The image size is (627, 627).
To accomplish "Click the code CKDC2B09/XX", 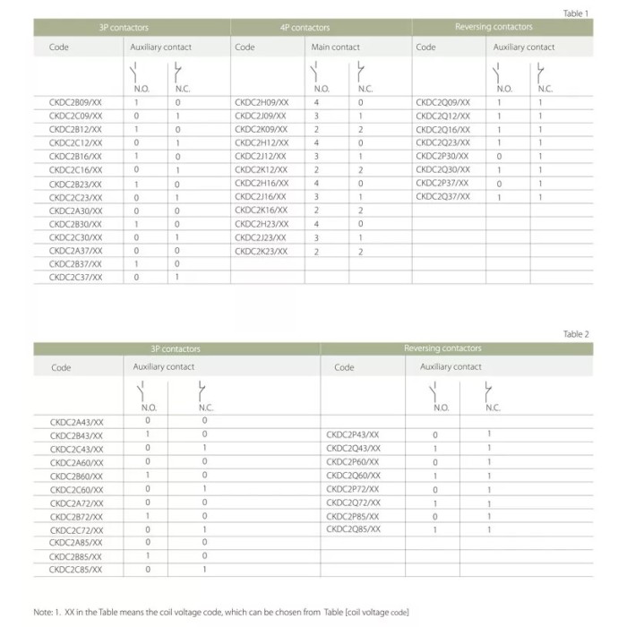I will [75, 103].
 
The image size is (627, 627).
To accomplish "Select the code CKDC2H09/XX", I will [261, 103].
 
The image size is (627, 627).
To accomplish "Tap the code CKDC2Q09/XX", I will [442, 103].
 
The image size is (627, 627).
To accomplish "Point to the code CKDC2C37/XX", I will [75, 278].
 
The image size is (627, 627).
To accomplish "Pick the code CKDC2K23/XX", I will [261, 252].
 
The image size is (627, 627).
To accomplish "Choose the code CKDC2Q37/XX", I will [442, 196].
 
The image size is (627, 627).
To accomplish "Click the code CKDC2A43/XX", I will [76, 421].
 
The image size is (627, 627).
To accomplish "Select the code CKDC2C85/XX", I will [76, 569].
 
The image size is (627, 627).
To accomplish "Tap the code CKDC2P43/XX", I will [353, 434].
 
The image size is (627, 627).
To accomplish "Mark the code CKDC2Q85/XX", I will [353, 529].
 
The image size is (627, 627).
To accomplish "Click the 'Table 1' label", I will [575, 13].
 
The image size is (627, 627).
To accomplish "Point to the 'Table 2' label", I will [576, 334].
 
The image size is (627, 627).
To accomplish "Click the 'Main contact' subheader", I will [335, 47].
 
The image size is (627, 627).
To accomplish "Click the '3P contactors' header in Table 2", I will [176, 348].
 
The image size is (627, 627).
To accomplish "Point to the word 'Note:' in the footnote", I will [44, 612].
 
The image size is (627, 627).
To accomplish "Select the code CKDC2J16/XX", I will [261, 196].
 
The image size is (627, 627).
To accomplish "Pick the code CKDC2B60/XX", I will [76, 476].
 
